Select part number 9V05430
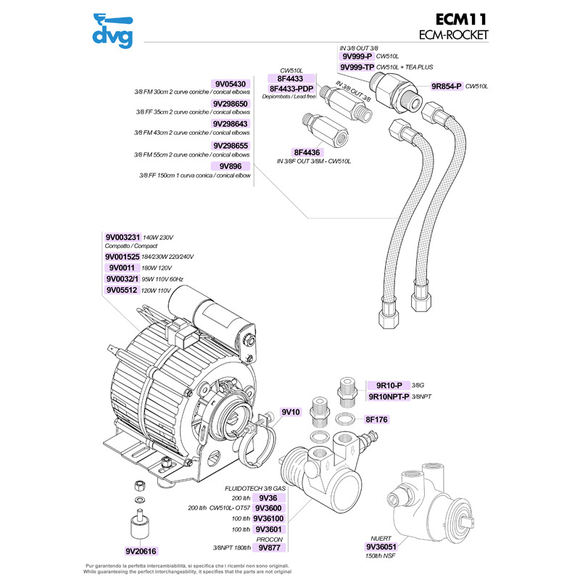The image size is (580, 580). coord(231,84)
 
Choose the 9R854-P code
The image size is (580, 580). coord(447,86)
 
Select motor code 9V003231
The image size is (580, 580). coord(122,237)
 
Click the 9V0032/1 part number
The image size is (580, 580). coord(122,278)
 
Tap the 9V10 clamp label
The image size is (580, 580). coord(290,412)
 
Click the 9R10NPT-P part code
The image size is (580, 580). coord(388,397)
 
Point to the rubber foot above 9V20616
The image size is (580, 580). coord(136,523)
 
